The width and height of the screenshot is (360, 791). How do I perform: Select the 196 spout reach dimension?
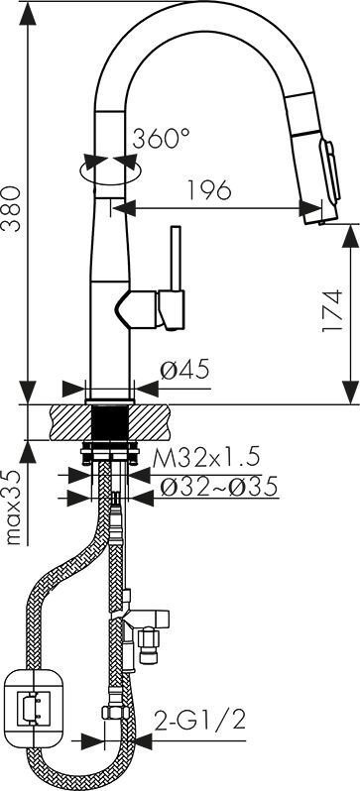(209, 189)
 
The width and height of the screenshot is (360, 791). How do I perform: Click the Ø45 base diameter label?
(184, 371)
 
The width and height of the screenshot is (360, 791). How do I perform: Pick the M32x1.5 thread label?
(206, 458)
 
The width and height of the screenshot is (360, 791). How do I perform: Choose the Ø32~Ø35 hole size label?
(218, 487)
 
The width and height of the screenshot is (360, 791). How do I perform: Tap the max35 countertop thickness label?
(15, 507)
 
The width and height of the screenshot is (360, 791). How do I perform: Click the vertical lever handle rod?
(176, 259)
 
